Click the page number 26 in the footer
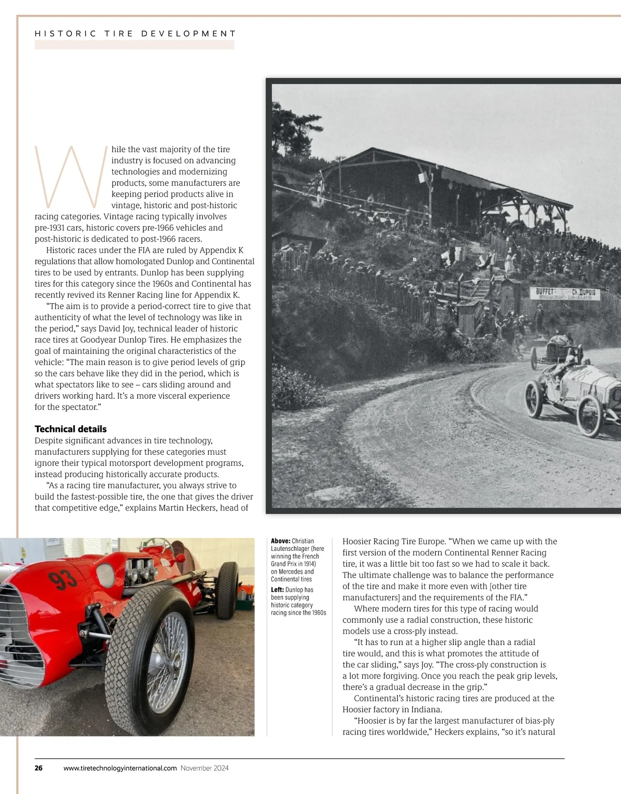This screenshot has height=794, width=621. pyautogui.click(x=39, y=768)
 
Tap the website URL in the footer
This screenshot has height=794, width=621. pyautogui.click(x=120, y=768)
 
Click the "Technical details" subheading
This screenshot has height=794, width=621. pyautogui.click(x=70, y=429)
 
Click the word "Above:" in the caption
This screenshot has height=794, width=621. pyautogui.click(x=280, y=541)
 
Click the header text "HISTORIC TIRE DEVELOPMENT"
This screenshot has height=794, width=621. pyautogui.click(x=135, y=34)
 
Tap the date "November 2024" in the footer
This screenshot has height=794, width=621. pyautogui.click(x=204, y=768)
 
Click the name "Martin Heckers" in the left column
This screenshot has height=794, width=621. pyautogui.click(x=187, y=508)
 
